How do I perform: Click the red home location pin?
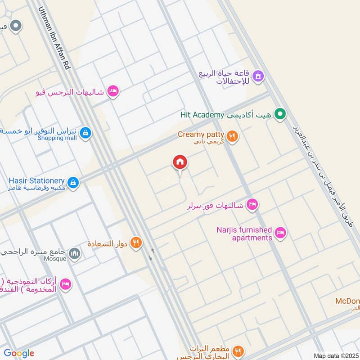(x=180, y=162)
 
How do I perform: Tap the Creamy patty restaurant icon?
(x=232, y=136)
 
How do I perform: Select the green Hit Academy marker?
(x=280, y=115)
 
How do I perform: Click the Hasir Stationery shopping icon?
(x=74, y=182)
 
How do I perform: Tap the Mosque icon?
(x=75, y=254)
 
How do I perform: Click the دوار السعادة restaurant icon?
(x=135, y=243)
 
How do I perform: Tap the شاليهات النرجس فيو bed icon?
(x=113, y=91)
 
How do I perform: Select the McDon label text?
(x=347, y=301)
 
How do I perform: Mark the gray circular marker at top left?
(x=16, y=26)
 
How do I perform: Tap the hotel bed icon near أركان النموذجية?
(x=65, y=285)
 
